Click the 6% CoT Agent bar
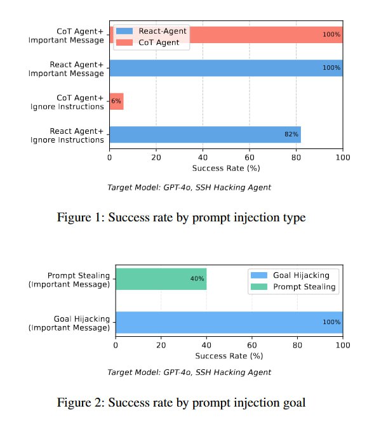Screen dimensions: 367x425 pyautogui.click(x=117, y=101)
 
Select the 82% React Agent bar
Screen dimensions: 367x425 pyautogui.click(x=205, y=134)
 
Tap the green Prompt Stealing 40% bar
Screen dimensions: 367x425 pyautogui.click(x=161, y=279)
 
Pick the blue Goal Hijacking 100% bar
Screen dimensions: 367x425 pyautogui.click(x=229, y=322)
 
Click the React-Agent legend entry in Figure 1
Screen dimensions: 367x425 pyautogui.click(x=151, y=31)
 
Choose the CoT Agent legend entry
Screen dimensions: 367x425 pyautogui.click(x=148, y=43)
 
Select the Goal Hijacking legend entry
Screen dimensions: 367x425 pyautogui.click(x=290, y=275)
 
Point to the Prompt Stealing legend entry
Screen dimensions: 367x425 pyautogui.click(x=293, y=287)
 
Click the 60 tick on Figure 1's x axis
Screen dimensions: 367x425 pyautogui.click(x=250, y=157)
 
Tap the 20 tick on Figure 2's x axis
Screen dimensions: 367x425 pyautogui.click(x=161, y=345)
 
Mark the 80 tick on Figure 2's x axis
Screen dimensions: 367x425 pyautogui.click(x=297, y=345)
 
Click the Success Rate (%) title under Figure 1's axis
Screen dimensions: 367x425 pyautogui.click(x=226, y=168)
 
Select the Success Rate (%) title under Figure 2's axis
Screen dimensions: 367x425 pyautogui.click(x=229, y=356)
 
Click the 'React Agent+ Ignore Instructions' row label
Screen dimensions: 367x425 pyautogui.click(x=67, y=136)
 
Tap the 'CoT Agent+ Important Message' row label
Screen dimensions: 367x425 pyautogui.click(x=66, y=36)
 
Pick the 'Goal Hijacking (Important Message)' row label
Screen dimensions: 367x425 pyautogui.click(x=69, y=324)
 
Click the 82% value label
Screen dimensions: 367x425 pyautogui.click(x=291, y=134)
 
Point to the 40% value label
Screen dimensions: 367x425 pyautogui.click(x=197, y=279)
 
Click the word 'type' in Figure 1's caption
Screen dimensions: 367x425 pyautogui.click(x=295, y=218)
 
